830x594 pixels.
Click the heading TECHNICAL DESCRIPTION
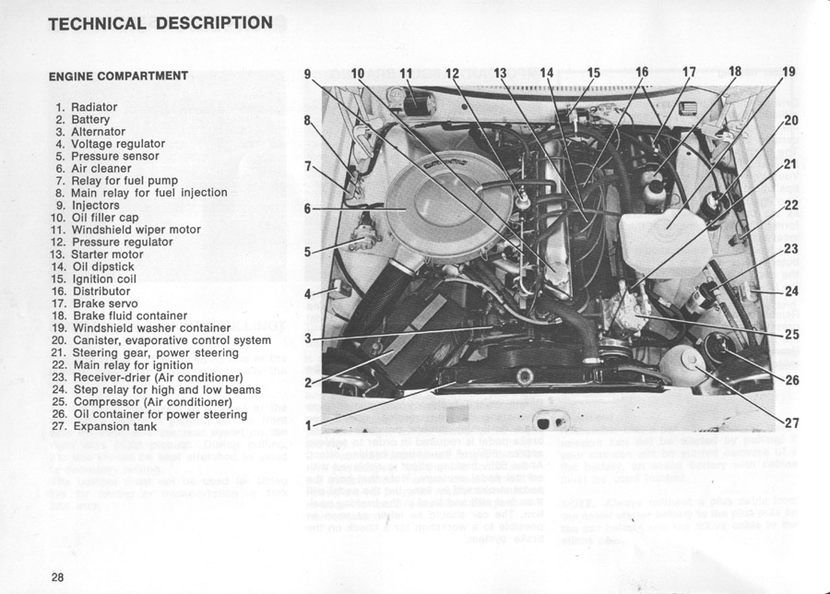(x=160, y=23)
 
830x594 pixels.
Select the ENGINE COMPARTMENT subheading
(x=118, y=76)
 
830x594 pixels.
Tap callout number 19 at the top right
(x=789, y=72)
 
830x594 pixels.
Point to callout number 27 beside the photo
(x=790, y=423)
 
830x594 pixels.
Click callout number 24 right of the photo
(x=790, y=292)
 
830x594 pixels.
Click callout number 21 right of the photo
(x=790, y=164)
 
